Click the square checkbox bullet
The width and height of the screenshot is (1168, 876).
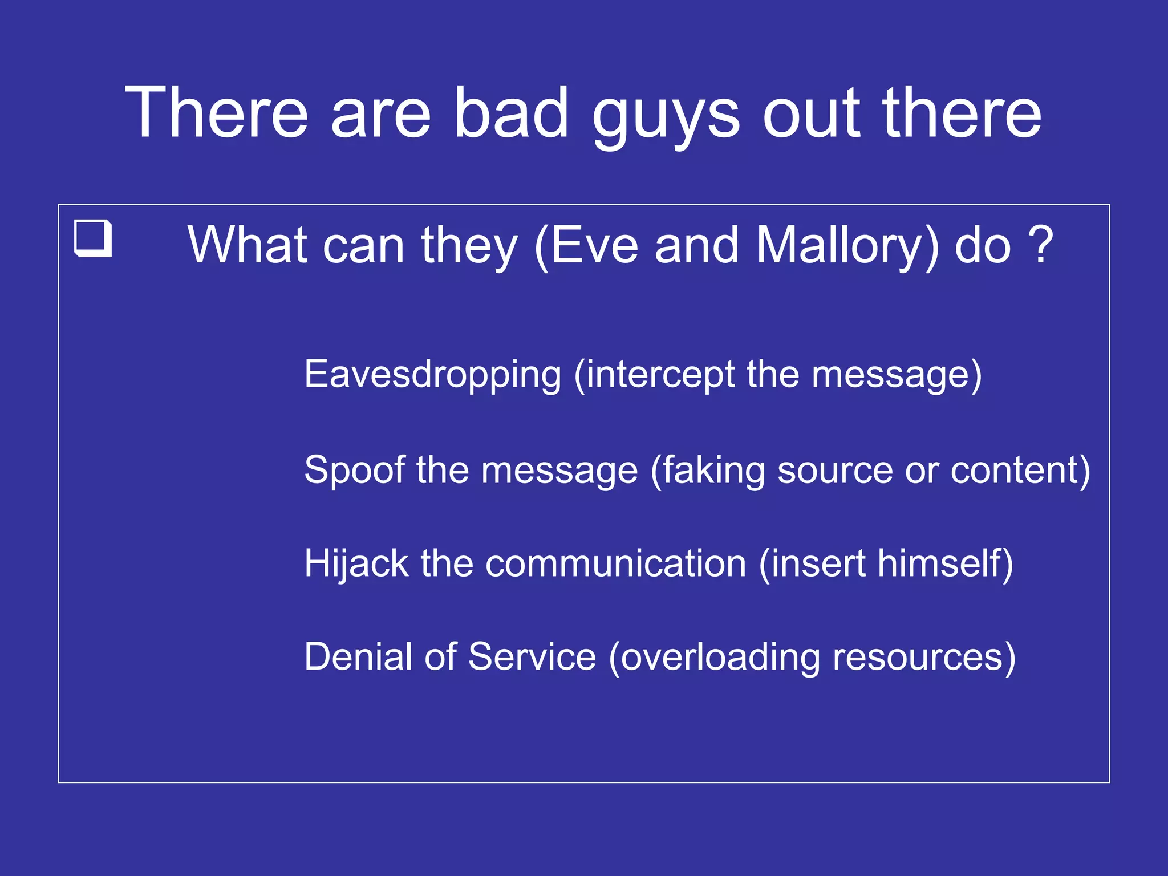point(93,238)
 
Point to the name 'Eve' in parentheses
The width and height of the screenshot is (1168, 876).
point(594,246)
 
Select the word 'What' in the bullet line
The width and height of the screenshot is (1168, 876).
point(248,246)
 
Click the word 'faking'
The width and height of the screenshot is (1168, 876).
point(712,471)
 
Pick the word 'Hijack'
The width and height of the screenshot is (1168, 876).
point(356,564)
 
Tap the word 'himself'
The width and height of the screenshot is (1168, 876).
point(939,563)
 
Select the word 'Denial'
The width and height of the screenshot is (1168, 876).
point(358,656)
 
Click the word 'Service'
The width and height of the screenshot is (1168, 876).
point(532,656)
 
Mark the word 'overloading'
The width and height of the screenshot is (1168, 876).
point(720,658)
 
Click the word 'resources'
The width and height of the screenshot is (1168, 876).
point(917,658)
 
